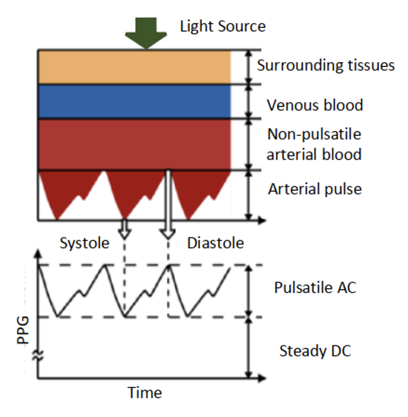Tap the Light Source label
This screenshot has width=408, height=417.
(223, 26)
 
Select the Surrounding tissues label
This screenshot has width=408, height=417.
(326, 65)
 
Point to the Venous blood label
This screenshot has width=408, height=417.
(315, 105)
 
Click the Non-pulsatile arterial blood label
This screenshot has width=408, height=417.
(314, 144)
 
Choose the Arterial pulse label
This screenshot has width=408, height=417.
(315, 189)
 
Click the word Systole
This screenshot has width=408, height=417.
(84, 243)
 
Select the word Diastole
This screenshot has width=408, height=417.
(215, 243)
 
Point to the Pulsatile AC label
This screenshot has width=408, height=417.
(315, 287)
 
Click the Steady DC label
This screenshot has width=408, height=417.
(315, 351)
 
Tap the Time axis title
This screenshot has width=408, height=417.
(145, 393)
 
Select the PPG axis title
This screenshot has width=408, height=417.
(23, 330)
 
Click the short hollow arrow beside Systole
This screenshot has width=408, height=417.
(124, 229)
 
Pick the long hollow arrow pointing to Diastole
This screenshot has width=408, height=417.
(168, 205)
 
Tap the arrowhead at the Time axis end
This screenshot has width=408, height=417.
(262, 378)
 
